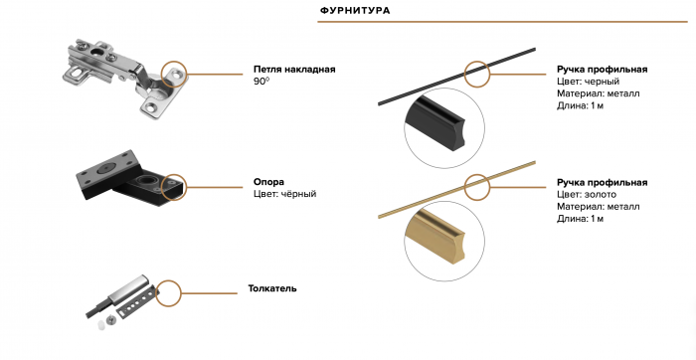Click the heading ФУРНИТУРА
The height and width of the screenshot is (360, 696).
click(x=354, y=11)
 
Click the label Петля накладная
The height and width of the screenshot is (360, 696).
click(x=293, y=69)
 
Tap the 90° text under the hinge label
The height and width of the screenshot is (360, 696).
click(x=261, y=82)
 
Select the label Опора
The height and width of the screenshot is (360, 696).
click(x=268, y=182)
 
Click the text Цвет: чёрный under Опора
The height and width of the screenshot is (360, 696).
click(x=284, y=194)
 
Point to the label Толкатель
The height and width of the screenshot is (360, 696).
click(x=272, y=289)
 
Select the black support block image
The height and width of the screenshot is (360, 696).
click(x=124, y=179)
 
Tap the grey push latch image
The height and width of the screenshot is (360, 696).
click(x=119, y=298)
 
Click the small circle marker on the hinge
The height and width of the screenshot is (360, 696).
click(x=175, y=74)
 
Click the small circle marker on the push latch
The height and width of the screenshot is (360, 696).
click(x=169, y=291)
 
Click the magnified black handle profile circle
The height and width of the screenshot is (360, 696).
click(x=442, y=125)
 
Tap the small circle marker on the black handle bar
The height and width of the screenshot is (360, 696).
click(x=476, y=74)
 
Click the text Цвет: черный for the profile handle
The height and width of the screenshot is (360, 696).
click(x=589, y=82)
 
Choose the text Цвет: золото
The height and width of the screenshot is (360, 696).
click(x=587, y=195)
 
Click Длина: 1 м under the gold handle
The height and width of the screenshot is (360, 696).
click(x=580, y=219)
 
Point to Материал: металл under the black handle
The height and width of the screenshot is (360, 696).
click(x=599, y=93)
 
